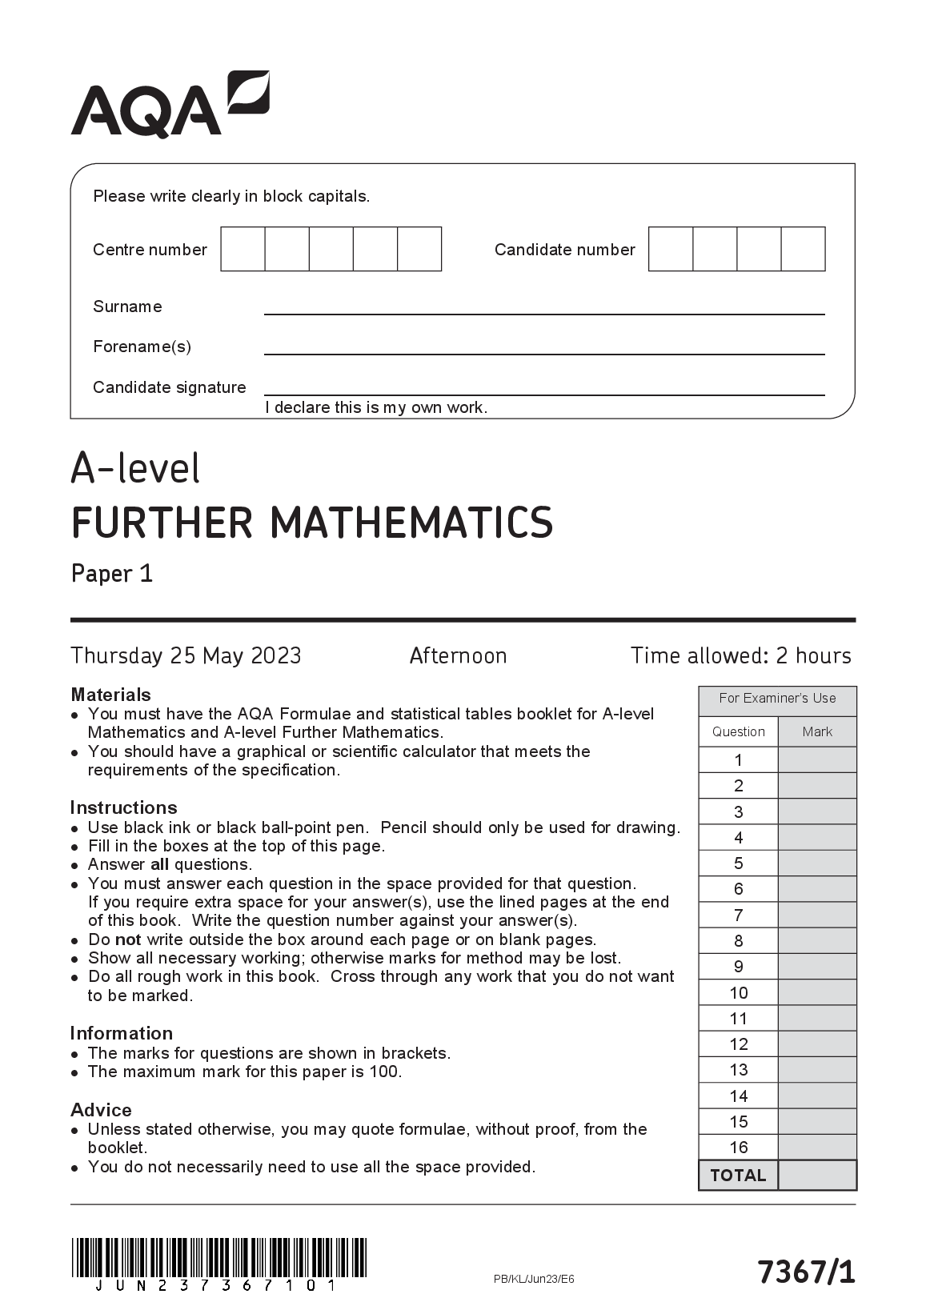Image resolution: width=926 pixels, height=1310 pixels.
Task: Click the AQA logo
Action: tap(170, 105)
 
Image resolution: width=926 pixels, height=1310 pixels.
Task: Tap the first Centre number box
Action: tap(243, 249)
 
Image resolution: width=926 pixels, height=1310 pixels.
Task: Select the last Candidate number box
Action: tap(803, 249)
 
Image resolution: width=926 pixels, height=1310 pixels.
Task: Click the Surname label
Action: tap(127, 306)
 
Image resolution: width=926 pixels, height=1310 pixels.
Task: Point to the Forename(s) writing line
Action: tap(544, 352)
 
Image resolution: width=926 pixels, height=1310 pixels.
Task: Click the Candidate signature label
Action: tap(170, 387)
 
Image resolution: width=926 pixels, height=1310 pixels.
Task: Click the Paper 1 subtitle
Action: tap(112, 574)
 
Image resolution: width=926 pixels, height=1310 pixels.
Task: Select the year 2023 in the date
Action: tap(276, 656)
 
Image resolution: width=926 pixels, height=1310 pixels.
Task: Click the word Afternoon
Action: tap(458, 656)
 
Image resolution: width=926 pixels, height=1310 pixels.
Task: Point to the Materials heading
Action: tap(110, 695)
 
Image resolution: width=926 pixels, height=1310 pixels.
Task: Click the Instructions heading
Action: tap(123, 807)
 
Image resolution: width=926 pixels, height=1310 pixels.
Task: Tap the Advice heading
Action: tap(101, 1110)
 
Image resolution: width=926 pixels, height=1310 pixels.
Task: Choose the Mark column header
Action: tap(817, 731)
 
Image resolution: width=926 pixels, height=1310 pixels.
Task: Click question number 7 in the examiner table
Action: tap(738, 915)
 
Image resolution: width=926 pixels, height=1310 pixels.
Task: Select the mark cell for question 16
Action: tap(817, 1147)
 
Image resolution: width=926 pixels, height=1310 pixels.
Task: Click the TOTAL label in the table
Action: tap(738, 1176)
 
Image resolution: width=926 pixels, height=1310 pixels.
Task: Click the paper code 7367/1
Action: tap(806, 1272)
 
